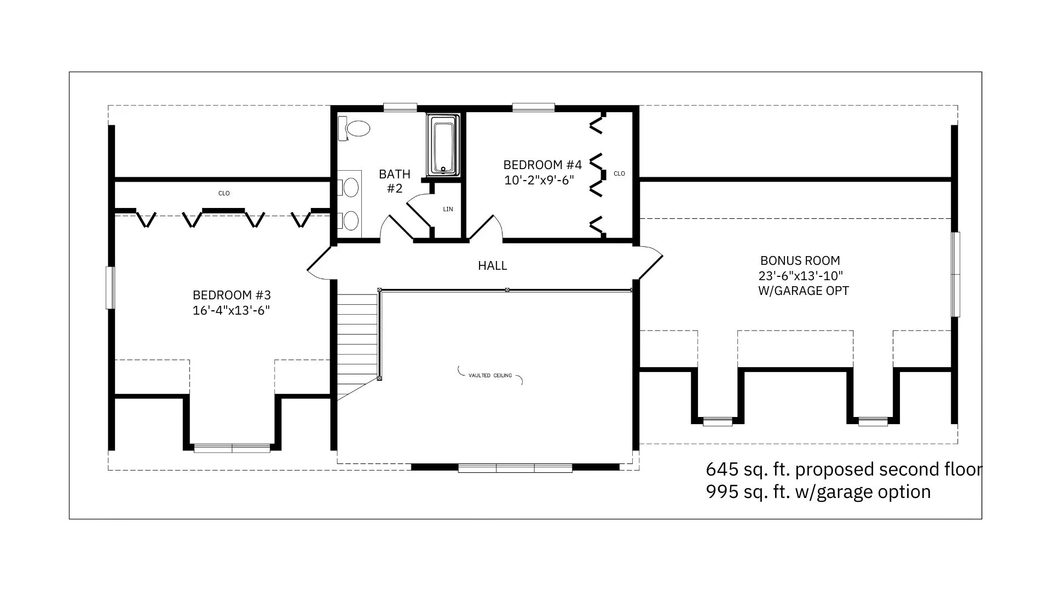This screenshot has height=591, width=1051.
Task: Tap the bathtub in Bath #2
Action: (x=443, y=145)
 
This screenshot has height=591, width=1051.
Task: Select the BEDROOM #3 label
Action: (x=232, y=296)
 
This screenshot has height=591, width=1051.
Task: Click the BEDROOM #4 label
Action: (x=542, y=165)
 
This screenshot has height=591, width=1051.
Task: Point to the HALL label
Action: (x=493, y=266)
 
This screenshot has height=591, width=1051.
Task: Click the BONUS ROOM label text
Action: (x=800, y=261)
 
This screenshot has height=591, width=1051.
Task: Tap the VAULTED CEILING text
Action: (x=490, y=375)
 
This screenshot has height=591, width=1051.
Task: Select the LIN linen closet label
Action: (x=448, y=209)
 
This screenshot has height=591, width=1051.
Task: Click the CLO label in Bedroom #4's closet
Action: (x=619, y=174)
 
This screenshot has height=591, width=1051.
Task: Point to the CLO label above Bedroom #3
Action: (x=224, y=193)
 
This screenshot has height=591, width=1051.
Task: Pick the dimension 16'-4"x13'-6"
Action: (x=231, y=311)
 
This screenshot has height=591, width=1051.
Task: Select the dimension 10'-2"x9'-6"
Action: (x=539, y=180)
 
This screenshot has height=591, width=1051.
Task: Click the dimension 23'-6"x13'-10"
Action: (x=801, y=276)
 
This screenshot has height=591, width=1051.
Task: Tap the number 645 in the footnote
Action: (x=718, y=470)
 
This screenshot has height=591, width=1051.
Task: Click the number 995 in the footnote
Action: (x=718, y=492)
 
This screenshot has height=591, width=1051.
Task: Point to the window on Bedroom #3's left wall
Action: (x=111, y=288)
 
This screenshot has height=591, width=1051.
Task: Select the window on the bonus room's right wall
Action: (x=955, y=274)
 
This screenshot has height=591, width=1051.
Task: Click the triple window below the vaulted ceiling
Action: (x=515, y=468)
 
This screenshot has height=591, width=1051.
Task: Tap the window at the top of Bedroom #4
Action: (x=533, y=107)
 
